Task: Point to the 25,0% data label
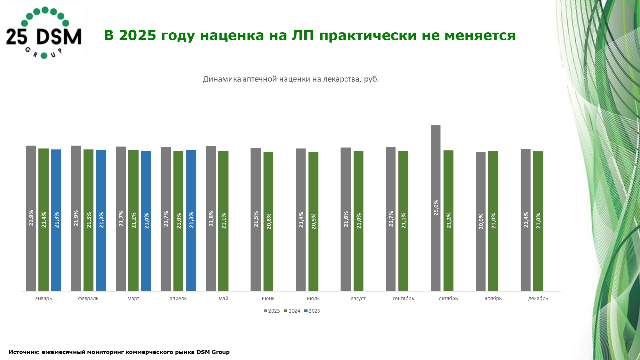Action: (436, 208)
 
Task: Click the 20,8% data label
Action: (269, 221)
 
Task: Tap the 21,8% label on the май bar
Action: (211, 219)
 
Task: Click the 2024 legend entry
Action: (292, 311)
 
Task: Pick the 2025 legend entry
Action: (312, 311)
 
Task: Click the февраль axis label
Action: (88, 299)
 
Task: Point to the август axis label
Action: (358, 299)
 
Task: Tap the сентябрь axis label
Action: (403, 299)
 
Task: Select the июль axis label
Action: (313, 299)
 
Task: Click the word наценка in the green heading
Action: (232, 35)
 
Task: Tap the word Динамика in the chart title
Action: (222, 79)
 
